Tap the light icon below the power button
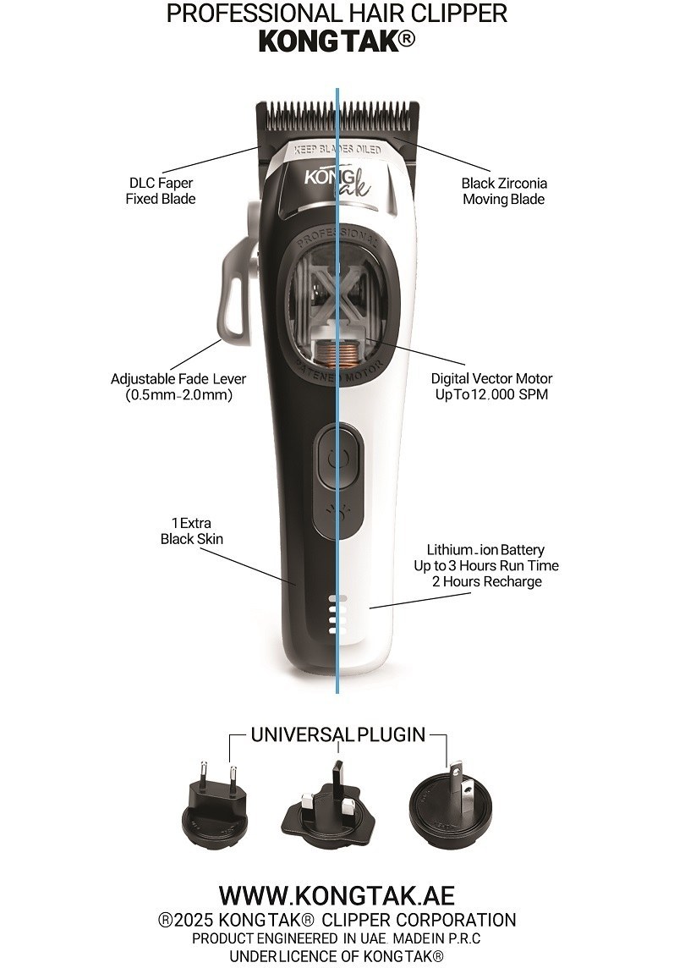click(x=337, y=512)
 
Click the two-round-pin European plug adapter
click(x=216, y=800)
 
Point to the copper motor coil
click(x=337, y=353)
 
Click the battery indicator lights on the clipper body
click(x=333, y=614)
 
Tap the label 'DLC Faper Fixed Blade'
click(x=161, y=190)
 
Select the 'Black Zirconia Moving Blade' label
click(x=504, y=190)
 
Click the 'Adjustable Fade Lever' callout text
click(x=178, y=387)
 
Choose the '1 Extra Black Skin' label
click(x=191, y=531)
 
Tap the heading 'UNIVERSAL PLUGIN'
click(x=338, y=734)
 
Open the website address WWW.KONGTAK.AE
click(x=337, y=895)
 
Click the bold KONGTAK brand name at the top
click(x=337, y=41)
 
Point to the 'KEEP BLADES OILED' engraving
click(x=337, y=150)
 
